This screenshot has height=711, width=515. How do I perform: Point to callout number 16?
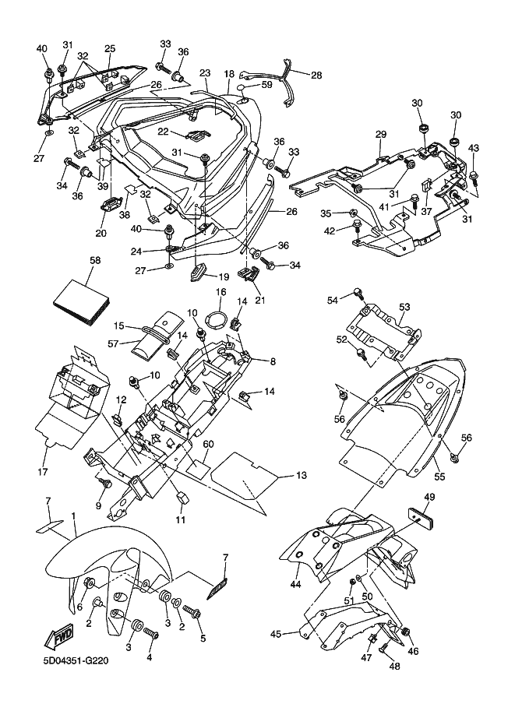pyautogui.click(x=220, y=291)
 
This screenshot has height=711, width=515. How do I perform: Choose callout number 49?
pyautogui.click(x=429, y=496)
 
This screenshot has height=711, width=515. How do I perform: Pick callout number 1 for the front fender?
pyautogui.click(x=73, y=516)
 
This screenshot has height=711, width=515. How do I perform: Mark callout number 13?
pyautogui.click(x=301, y=474)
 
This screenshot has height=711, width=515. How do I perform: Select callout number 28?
pyautogui.click(x=316, y=76)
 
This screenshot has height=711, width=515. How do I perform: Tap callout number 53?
pyautogui.click(x=404, y=308)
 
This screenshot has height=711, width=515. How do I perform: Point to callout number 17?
pyautogui.click(x=42, y=472)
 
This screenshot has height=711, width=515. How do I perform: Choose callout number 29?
pyautogui.click(x=381, y=134)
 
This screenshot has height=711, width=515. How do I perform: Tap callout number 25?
pyautogui.click(x=110, y=49)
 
